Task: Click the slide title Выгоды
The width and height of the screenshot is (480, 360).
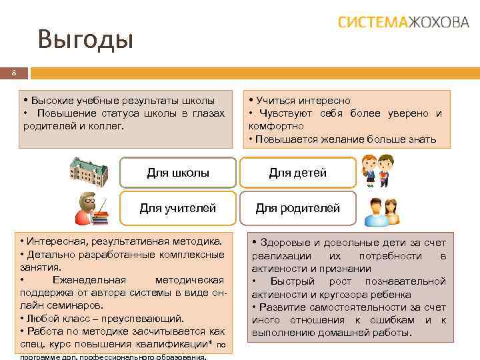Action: point(86,39)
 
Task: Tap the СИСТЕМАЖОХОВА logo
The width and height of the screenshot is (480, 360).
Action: point(403,22)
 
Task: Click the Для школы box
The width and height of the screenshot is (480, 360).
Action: point(177,173)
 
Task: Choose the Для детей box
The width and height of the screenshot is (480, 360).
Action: point(297,173)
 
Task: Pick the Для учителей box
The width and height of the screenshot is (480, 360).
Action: point(177,208)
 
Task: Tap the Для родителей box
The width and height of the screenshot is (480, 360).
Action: point(297,208)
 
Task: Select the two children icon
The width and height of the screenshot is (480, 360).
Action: point(377,171)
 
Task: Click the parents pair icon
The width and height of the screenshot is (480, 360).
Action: point(381,209)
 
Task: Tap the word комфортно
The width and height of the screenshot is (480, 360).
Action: point(276,126)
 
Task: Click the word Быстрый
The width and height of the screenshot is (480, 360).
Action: point(293,281)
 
